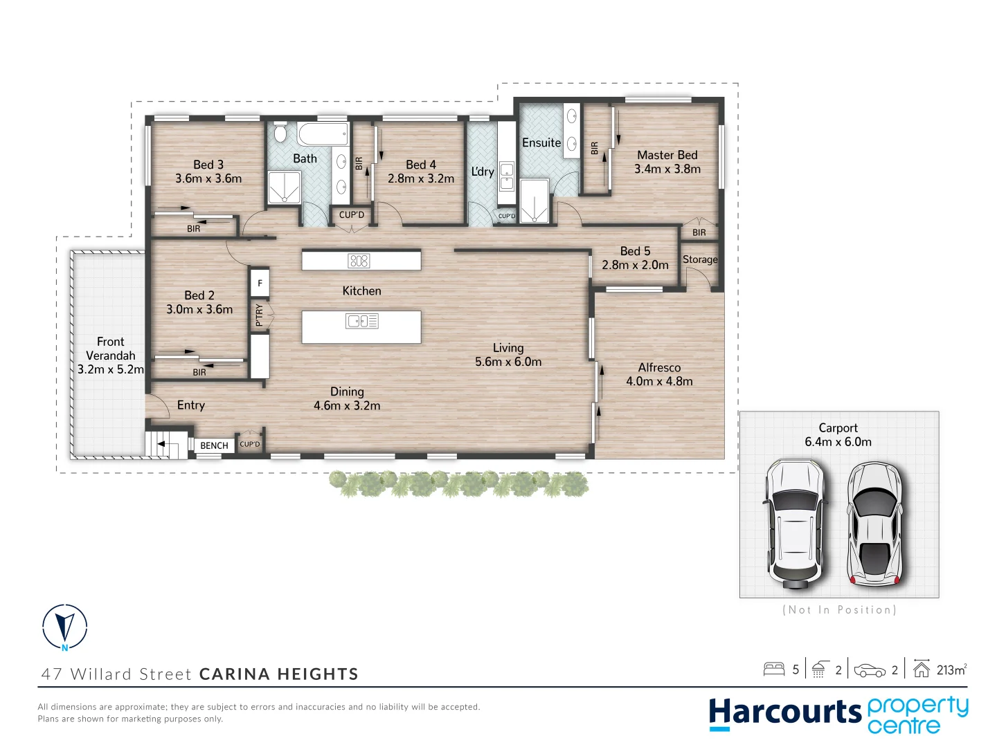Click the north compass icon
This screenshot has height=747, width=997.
point(64,627)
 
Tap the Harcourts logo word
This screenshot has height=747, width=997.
point(784,712)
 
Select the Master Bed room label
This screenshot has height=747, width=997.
point(667,156)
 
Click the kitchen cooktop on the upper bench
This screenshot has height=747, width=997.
point(359,261)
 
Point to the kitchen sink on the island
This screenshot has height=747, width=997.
point(361,321)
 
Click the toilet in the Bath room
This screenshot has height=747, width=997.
point(280,132)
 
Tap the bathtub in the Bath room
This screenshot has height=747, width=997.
point(323,133)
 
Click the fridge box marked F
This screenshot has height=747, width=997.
point(260,283)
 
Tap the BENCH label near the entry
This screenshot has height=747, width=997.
point(214,445)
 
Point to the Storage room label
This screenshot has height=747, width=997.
point(700,259)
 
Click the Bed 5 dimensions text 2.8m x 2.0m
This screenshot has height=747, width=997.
point(635,265)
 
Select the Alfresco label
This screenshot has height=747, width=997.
point(659,368)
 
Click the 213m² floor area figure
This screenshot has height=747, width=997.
point(951,670)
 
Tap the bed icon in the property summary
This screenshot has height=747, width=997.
point(773,669)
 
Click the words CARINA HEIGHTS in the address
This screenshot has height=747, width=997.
point(278,674)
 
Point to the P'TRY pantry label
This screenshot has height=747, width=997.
point(260,315)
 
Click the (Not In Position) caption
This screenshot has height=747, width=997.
point(839,609)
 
